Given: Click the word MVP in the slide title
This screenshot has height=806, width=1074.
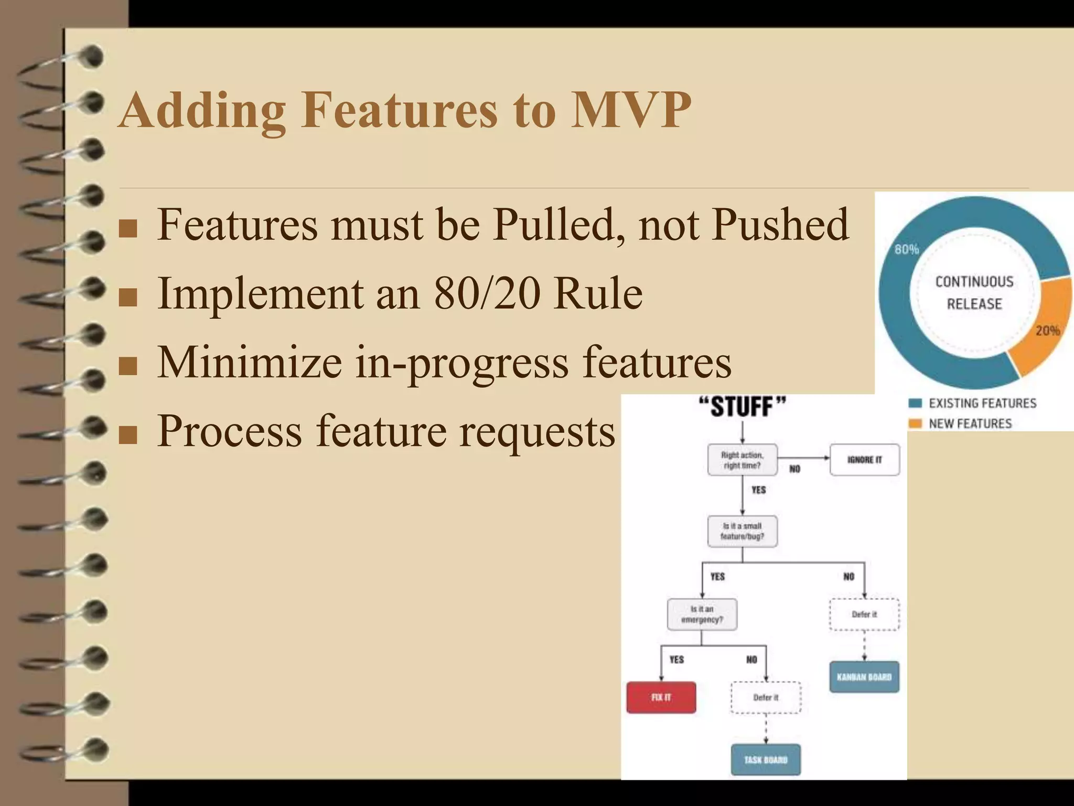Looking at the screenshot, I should coord(631,110).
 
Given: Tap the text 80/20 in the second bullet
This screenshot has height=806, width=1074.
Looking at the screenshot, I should coord(487,293).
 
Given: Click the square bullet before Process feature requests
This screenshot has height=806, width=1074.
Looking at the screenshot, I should coord(128,434).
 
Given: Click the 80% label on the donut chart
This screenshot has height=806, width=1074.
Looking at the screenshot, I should coord(906,249).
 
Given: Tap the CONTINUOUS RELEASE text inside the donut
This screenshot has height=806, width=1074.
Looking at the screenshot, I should coord(974,293).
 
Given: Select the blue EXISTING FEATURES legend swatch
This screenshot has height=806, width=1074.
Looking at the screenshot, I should coord(915,403).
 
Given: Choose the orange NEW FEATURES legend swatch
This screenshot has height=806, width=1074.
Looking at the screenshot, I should coord(915,423).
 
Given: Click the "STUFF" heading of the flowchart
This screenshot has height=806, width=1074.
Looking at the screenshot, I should coord(742,407).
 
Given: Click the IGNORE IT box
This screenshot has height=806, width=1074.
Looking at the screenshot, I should coord(864,460).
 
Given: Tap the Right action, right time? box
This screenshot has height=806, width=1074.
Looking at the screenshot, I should coord(742,460).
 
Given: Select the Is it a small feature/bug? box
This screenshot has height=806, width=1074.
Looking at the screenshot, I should coord(742,531).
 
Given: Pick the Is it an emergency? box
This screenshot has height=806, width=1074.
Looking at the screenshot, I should coord(702,614).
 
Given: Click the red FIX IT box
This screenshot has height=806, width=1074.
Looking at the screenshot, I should coord(661,697).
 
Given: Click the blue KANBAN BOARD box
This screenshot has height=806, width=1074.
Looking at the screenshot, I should coord(864,677).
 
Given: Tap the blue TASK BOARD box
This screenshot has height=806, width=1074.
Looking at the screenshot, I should coord(766,759).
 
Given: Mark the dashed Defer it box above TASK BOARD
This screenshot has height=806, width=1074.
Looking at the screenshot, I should coord(766,697).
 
